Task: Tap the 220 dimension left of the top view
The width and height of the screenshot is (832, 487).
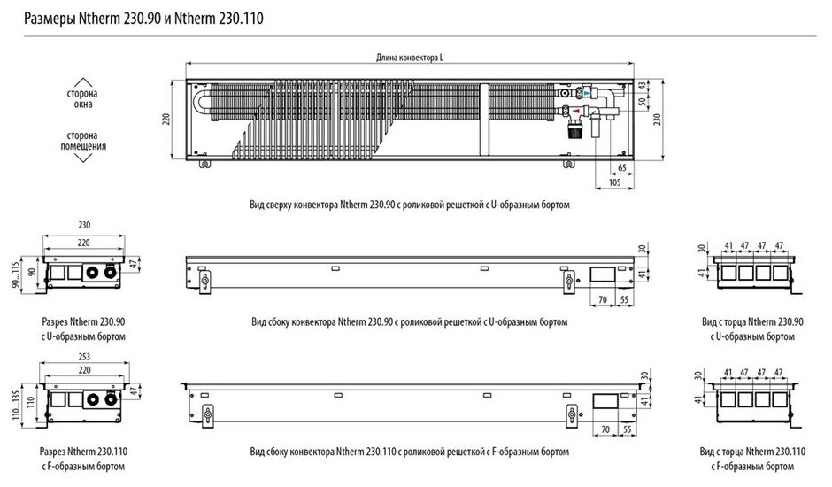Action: [x=164, y=119]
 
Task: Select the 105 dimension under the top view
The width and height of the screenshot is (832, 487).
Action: [x=613, y=182]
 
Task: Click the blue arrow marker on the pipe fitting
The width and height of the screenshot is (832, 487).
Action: [x=589, y=91]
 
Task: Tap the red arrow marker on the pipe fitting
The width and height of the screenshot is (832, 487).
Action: [x=577, y=110]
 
